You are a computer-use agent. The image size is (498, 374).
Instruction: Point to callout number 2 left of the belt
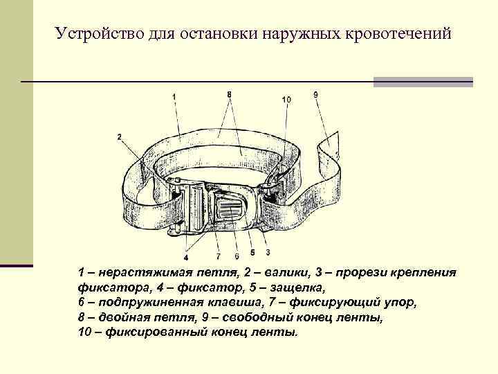[x=120, y=136]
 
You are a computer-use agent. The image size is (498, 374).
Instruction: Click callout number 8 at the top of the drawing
[x=229, y=93]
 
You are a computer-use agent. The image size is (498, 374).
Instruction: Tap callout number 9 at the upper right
[x=315, y=94]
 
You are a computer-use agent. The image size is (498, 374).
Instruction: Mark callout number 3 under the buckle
[x=268, y=252]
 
